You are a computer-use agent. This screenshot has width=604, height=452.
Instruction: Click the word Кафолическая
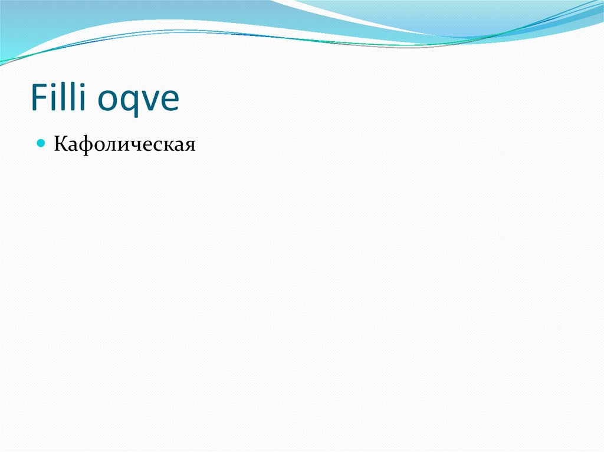pyautogui.click(x=124, y=144)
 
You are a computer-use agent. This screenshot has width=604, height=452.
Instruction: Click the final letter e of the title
pyautogui.click(x=169, y=100)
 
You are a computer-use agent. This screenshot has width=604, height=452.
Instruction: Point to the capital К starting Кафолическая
pyautogui.click(x=60, y=143)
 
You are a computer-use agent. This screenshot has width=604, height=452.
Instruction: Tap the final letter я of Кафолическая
pyautogui.click(x=189, y=145)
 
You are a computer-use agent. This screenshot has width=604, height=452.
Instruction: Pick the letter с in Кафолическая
pyautogui.click(x=159, y=145)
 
